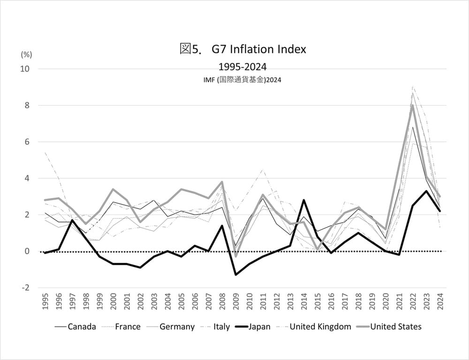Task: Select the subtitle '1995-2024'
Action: pos(242,67)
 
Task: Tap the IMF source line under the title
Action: pos(242,80)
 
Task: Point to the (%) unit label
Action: pos(26,54)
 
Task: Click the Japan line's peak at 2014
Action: pos(303,200)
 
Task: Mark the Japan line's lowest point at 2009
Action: pos(235,275)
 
